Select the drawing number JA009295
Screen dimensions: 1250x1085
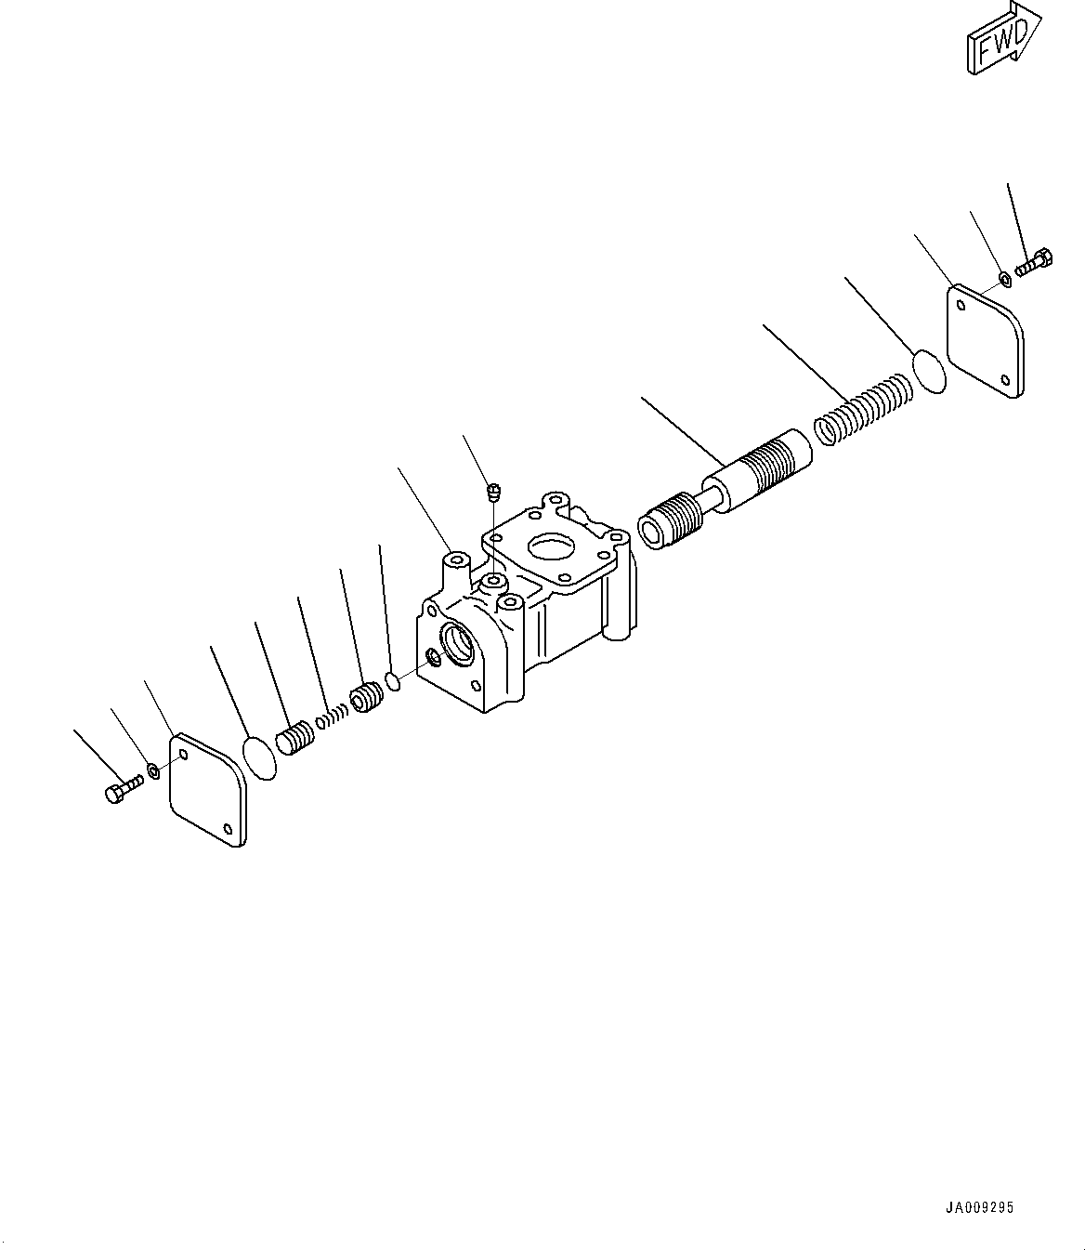point(979,1208)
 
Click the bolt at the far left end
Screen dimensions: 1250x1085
point(121,793)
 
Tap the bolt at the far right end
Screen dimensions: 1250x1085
point(1033,262)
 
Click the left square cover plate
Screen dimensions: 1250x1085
point(207,790)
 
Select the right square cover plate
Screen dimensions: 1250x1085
point(985,342)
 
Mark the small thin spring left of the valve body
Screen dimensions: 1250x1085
point(331,717)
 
